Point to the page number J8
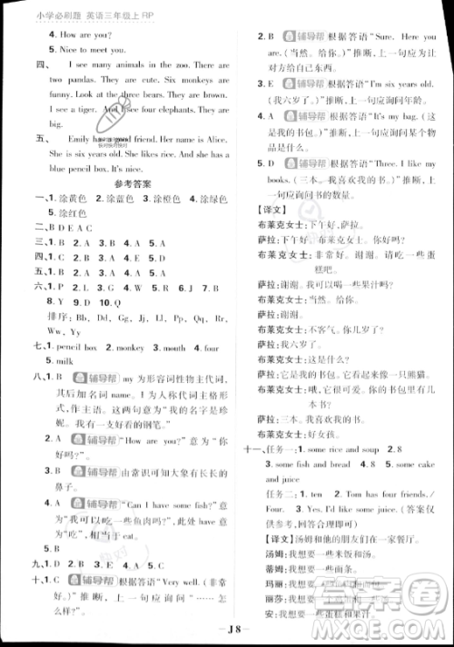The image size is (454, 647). [227, 635]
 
